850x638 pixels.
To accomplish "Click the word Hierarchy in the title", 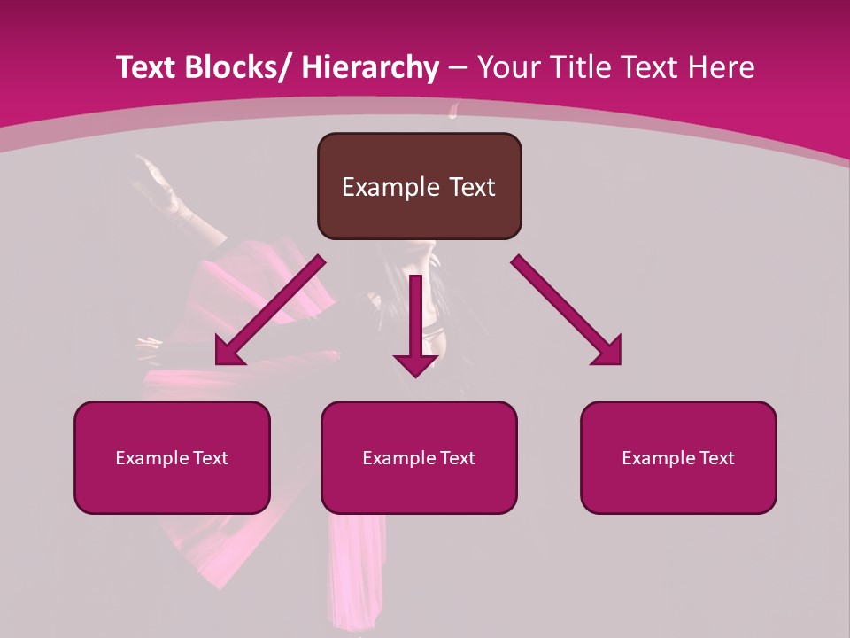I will [370, 67].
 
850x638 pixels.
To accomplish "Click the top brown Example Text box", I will [419, 186].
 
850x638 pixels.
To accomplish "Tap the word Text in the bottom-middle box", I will [457, 458].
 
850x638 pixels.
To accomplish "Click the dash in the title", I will [458, 67].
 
